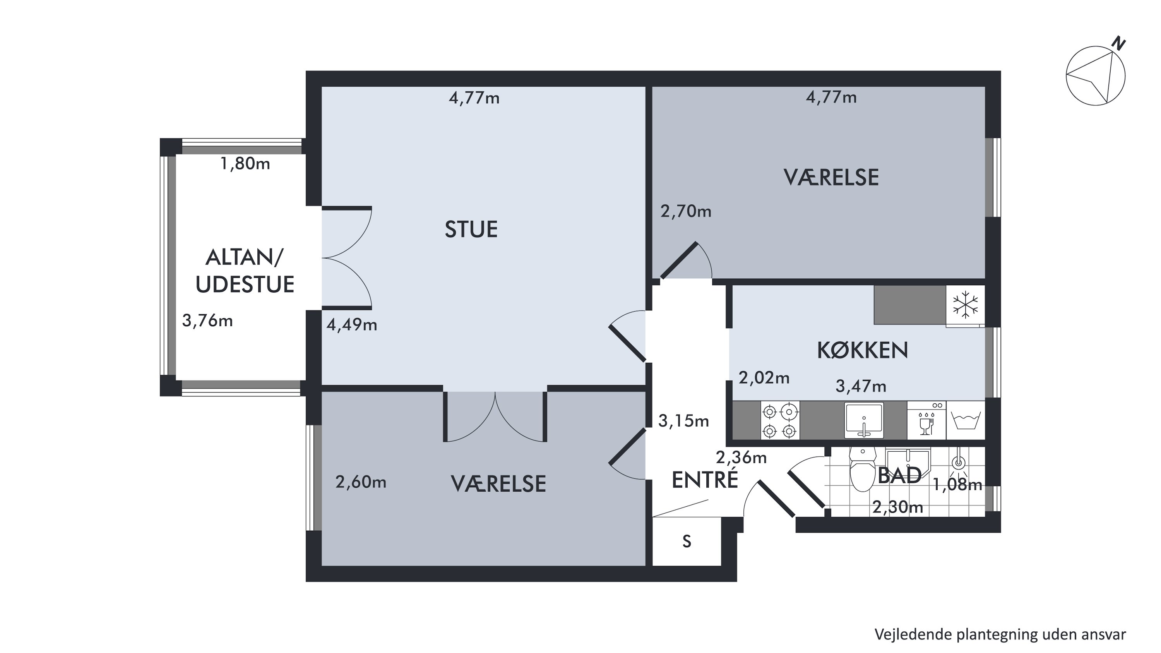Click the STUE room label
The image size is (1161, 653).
[x=471, y=230]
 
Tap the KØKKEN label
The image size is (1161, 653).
[x=862, y=351]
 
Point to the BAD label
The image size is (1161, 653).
[x=899, y=475]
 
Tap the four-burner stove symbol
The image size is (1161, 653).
[x=780, y=420]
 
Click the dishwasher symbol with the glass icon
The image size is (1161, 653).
[x=926, y=420]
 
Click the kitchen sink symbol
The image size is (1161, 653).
[x=863, y=420]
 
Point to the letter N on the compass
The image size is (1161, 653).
[x=1118, y=44]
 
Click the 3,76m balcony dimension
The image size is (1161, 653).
[x=207, y=321]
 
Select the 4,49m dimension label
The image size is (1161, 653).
[x=351, y=325]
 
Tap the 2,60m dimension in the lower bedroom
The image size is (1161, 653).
[x=361, y=482]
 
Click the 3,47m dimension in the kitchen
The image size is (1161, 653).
[x=861, y=386]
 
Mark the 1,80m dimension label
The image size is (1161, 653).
[x=245, y=164]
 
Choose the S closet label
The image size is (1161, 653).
[x=687, y=541]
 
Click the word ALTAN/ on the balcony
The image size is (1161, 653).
[x=244, y=258]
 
